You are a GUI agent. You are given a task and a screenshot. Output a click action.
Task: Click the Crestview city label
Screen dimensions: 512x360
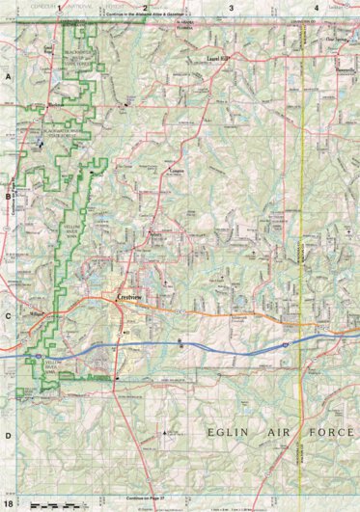pos(129,299)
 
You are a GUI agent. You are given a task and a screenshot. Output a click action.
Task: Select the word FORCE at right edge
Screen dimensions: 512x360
pos(338,433)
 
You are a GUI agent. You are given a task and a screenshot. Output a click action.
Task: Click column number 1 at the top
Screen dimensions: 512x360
pos(60,8)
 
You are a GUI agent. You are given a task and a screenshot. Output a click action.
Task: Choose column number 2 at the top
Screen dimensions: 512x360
pos(145,8)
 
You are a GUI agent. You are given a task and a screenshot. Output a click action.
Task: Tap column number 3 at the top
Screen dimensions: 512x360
pos(232,8)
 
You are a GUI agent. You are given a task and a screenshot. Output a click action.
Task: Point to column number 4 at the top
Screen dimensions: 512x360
pos(317,8)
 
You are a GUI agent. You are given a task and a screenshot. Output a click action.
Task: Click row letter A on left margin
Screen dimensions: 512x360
pos(8,77)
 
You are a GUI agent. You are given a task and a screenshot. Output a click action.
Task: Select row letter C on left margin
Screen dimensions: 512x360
pos(8,316)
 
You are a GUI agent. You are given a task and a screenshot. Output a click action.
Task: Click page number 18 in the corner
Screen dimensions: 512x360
pos(9,503)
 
